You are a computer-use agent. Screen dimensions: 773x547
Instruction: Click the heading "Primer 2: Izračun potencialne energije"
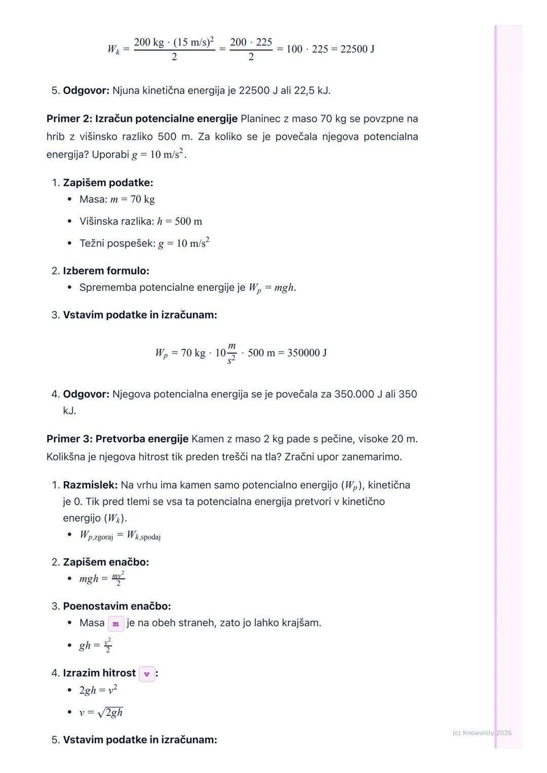(142, 119)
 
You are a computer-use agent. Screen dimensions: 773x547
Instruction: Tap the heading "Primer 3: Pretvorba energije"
(118, 439)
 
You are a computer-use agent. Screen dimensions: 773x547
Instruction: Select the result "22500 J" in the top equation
(358, 49)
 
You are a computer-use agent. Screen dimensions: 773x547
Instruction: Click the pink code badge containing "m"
(116, 623)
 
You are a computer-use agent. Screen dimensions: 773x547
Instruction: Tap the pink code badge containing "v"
(147, 674)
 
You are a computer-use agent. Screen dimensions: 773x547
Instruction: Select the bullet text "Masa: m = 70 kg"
(117, 199)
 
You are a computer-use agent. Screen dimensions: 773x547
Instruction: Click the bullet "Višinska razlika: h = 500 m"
(140, 222)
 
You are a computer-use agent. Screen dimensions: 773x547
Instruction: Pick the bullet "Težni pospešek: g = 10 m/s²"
(144, 243)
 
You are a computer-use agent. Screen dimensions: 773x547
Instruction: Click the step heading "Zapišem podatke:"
(108, 183)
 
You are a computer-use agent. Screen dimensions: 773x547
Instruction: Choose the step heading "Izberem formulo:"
(106, 271)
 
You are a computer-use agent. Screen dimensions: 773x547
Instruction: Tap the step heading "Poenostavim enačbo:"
(116, 606)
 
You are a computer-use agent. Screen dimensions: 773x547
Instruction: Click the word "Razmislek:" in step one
(90, 485)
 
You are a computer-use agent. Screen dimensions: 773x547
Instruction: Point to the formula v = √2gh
(101, 713)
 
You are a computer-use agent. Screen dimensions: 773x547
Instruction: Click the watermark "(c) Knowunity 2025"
(482, 733)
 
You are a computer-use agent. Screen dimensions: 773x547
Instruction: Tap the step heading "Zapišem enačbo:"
(106, 562)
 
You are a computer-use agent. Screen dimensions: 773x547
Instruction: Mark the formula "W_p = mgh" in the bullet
(272, 288)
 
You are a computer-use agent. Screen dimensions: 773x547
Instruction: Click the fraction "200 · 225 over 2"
(251, 49)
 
